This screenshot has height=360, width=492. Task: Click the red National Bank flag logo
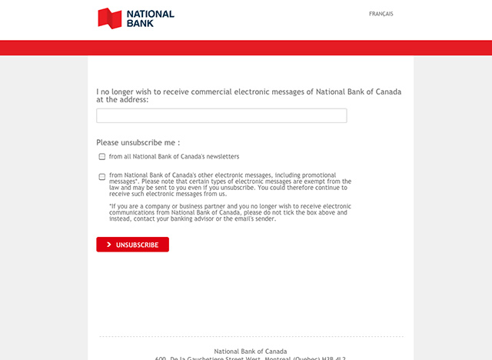click(x=110, y=18)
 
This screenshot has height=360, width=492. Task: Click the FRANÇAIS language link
click(x=381, y=14)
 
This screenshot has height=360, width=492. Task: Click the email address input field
click(x=221, y=115)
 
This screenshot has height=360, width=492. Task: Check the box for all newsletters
click(x=102, y=156)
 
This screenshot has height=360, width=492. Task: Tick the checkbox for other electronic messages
click(x=102, y=176)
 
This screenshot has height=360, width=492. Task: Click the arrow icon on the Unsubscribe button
click(x=109, y=245)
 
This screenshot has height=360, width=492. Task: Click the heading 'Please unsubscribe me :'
click(x=138, y=142)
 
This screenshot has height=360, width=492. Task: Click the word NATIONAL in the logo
click(x=151, y=14)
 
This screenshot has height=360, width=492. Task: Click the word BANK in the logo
click(x=141, y=23)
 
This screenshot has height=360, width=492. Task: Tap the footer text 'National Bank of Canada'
click(x=250, y=351)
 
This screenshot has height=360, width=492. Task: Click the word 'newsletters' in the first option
click(x=220, y=156)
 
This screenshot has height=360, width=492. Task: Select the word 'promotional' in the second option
click(x=328, y=175)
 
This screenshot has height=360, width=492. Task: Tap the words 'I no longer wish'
click(x=123, y=92)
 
